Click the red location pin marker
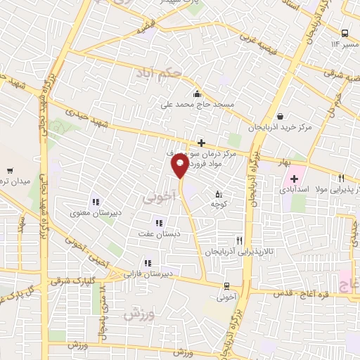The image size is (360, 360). pos(180,167)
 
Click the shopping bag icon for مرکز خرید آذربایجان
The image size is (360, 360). pos(281,117)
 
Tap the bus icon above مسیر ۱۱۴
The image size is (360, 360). pos(345,33)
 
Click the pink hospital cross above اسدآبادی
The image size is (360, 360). pos(295,179)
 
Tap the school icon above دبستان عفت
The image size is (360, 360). pos(167,223)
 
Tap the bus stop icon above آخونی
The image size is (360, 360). pos(226,286)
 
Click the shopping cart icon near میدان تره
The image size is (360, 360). pos(11,170)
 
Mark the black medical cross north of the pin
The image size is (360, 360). pos(201,143)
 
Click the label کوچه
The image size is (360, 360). pos(218,204)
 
